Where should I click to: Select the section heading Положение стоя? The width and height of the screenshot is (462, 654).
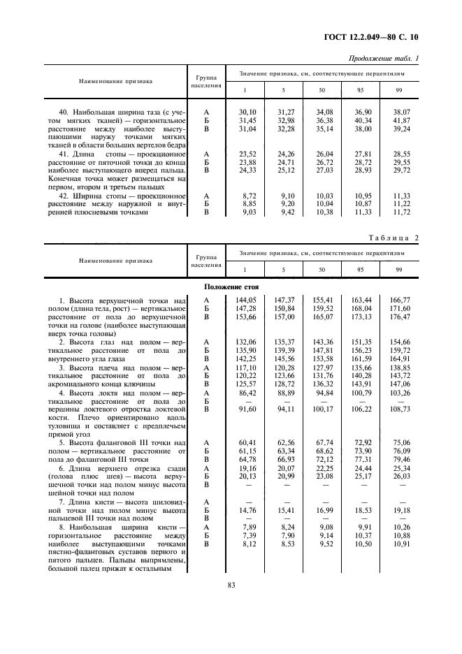coord(231,287)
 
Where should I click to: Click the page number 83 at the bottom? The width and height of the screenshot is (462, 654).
coord(231,586)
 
